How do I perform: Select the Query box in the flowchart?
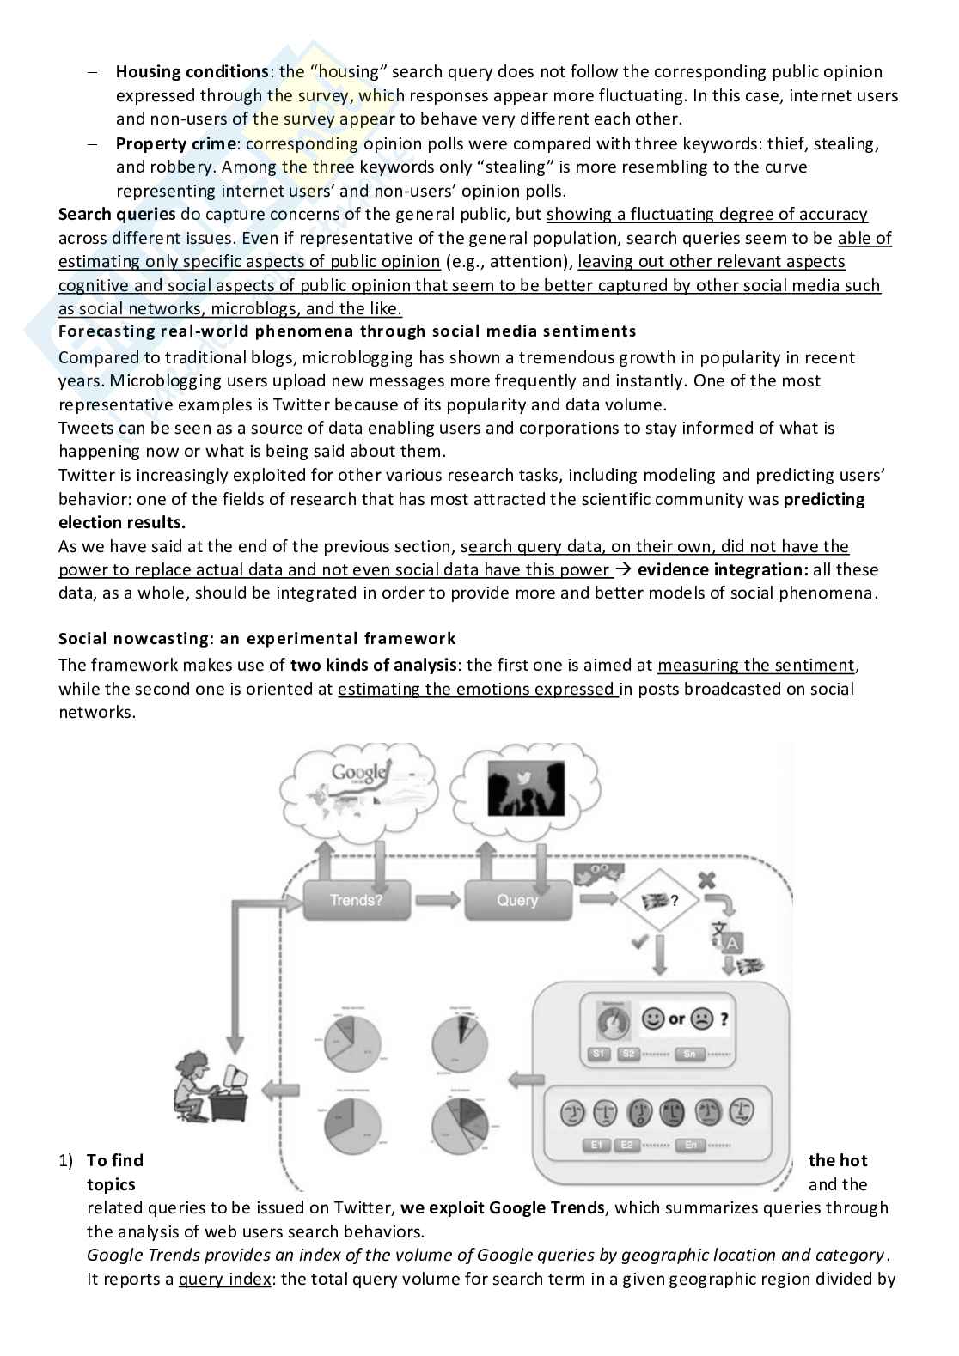pyautogui.click(x=517, y=900)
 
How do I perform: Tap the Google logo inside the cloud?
pyautogui.click(x=359, y=772)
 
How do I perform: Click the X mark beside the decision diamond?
pyautogui.click(x=706, y=880)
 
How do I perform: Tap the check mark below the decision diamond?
pyautogui.click(x=639, y=941)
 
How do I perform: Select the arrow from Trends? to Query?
pyautogui.click(x=439, y=900)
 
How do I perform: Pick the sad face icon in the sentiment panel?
pyautogui.click(x=703, y=1019)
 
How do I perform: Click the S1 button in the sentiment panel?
pyautogui.click(x=599, y=1054)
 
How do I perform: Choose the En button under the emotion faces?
pyautogui.click(x=690, y=1145)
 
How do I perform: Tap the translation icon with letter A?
pyautogui.click(x=726, y=937)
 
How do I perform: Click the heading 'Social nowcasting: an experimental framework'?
pyautogui.click(x=257, y=638)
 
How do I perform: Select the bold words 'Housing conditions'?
pyautogui.click(x=192, y=71)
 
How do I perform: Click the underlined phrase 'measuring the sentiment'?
pyautogui.click(x=756, y=665)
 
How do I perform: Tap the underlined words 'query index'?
pyautogui.click(x=223, y=1279)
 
